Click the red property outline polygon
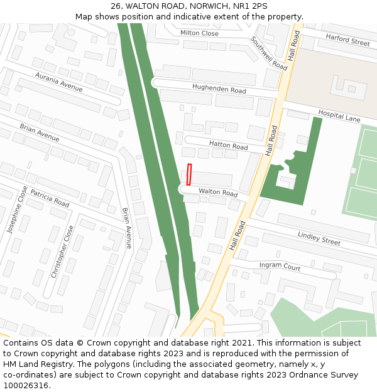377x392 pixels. click(188, 174)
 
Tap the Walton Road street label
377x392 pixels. click(218, 193)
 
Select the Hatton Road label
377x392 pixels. click(229, 145)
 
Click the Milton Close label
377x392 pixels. click(199, 33)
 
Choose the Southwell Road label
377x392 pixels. click(268, 53)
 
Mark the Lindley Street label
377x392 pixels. click(319, 238)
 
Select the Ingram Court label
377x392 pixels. click(280, 266)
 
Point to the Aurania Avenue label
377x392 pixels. click(59, 82)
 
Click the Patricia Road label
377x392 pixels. click(50, 198)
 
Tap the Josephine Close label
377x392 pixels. click(17, 209)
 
